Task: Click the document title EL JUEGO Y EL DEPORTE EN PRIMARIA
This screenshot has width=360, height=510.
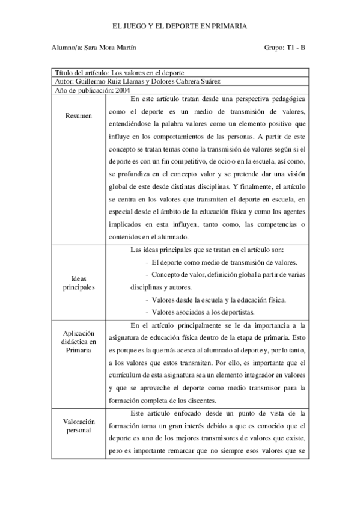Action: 180,26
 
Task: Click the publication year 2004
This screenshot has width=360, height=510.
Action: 123,90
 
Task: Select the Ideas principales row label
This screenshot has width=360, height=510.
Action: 78,283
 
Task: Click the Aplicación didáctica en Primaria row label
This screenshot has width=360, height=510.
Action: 78,341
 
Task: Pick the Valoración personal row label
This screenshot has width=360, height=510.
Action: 78,425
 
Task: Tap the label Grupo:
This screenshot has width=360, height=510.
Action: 272,48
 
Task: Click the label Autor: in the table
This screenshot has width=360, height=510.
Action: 63,81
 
